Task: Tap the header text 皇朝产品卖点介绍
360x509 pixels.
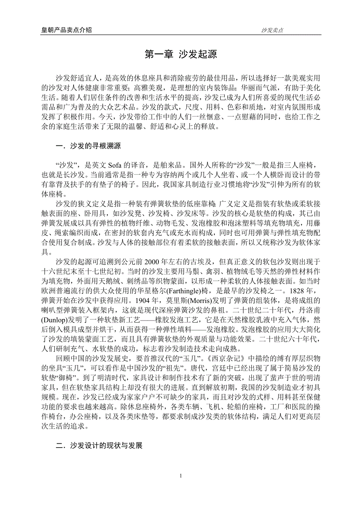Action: [x=67, y=30]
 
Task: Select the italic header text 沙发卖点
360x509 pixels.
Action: [x=272, y=30]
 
